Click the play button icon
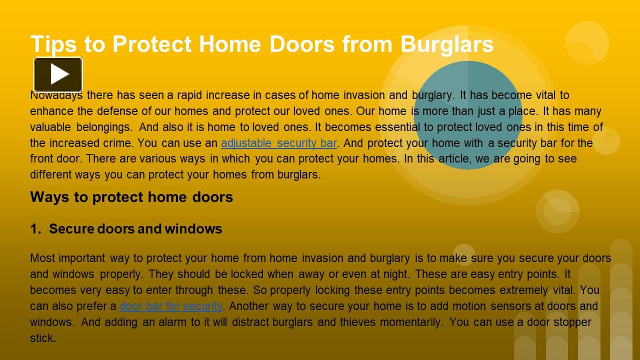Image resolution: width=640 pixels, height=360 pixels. (x=58, y=74)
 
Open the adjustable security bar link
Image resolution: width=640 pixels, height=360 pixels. (x=278, y=143)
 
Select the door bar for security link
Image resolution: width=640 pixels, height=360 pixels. (x=170, y=306)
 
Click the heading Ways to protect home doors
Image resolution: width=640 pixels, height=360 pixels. (x=131, y=197)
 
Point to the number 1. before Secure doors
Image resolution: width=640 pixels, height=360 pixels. (x=35, y=229)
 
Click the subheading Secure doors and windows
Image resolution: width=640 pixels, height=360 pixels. (x=135, y=229)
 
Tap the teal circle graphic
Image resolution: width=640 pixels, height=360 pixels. (x=468, y=115)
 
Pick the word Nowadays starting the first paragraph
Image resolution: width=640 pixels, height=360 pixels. (x=56, y=95)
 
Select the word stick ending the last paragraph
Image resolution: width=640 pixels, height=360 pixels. (x=41, y=338)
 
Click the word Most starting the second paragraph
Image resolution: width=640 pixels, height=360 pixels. (x=42, y=258)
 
